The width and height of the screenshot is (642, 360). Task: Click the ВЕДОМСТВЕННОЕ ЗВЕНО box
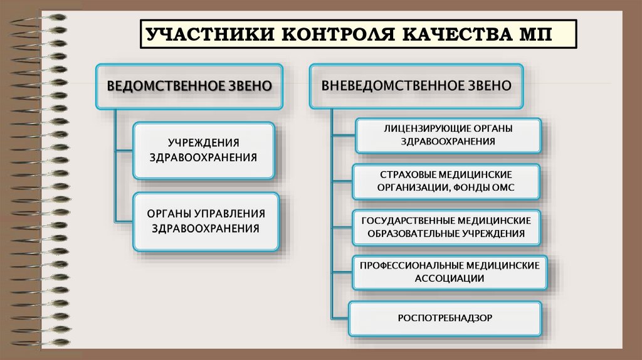click(189, 86)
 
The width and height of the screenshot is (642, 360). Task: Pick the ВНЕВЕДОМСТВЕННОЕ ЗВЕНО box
click(416, 85)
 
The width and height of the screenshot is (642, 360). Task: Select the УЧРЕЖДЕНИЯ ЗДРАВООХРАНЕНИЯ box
click(203, 151)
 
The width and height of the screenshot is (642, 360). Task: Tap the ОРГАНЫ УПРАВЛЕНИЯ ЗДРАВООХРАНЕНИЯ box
click(205, 221)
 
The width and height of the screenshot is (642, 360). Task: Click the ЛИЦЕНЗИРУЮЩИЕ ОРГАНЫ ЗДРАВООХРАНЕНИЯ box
click(448, 135)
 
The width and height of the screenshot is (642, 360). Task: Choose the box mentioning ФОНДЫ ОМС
click(446, 181)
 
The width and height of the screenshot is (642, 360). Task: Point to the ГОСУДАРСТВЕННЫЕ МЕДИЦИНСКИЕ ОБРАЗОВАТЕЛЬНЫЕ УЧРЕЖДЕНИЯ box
click(446, 227)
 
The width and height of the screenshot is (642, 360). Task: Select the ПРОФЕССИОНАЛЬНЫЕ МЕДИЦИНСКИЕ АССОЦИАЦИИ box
click(449, 272)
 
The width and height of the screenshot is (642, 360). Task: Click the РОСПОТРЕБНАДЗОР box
click(445, 317)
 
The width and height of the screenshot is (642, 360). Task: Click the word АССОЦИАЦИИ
click(449, 278)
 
